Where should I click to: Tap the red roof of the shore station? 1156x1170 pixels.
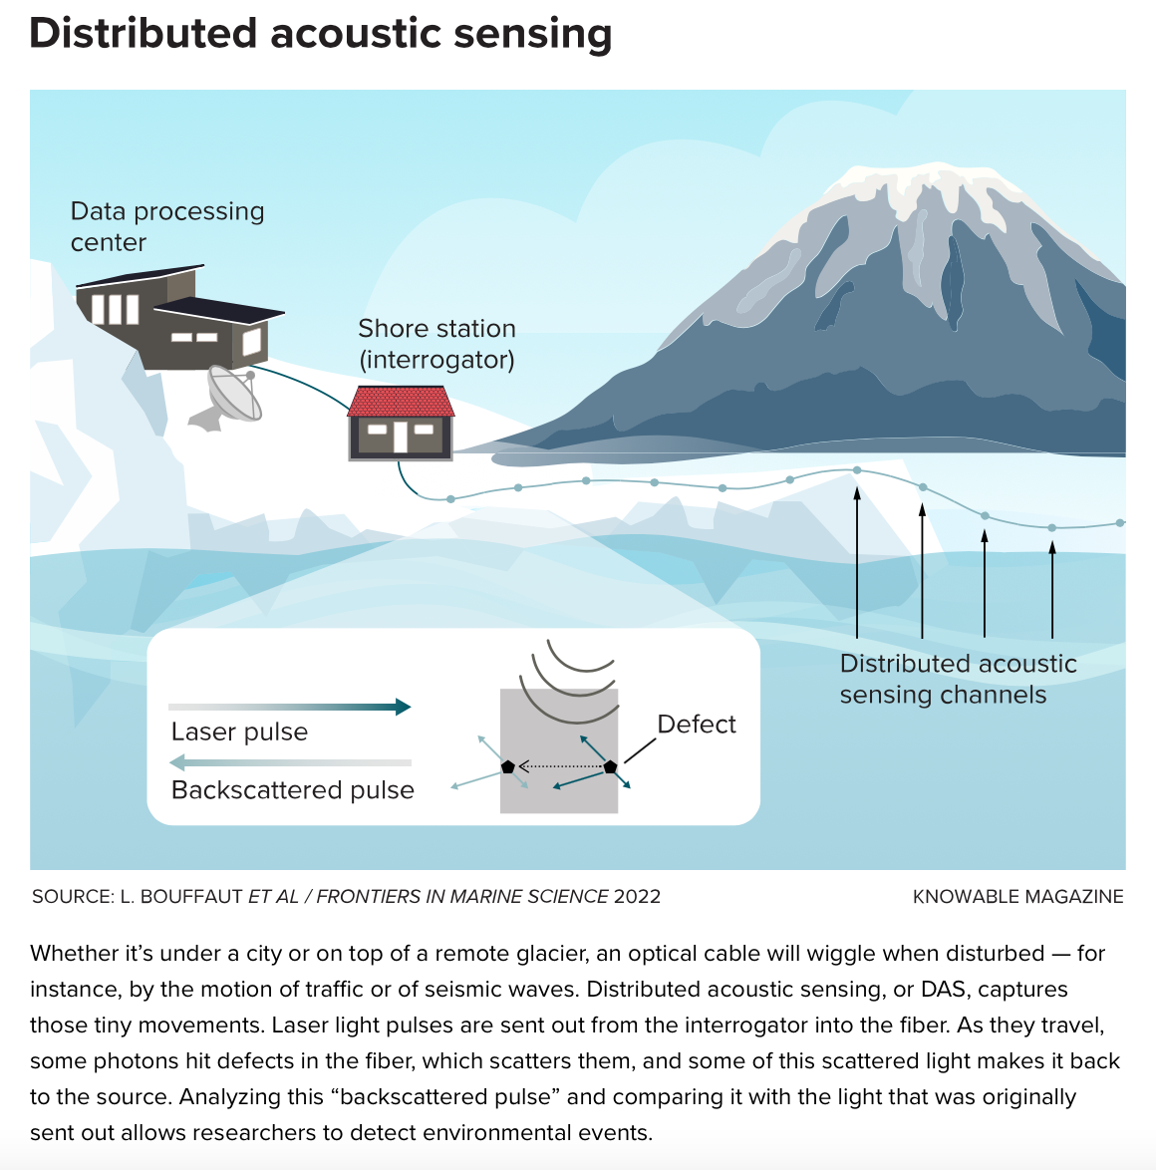401,402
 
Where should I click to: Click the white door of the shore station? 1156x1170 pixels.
400,437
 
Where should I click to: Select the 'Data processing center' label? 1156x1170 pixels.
166,226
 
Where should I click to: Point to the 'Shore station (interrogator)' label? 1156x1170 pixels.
436,344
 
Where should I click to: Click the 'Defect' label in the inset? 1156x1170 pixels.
697,725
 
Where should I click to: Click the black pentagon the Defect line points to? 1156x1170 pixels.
610,766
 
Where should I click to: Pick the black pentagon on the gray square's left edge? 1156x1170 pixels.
508,766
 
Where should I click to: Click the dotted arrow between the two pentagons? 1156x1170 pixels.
559,766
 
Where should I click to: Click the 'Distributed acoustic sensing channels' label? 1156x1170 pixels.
958,679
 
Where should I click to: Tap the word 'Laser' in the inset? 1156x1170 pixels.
202,732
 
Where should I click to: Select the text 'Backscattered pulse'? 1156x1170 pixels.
293,790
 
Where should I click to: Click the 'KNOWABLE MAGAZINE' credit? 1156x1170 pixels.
1017,897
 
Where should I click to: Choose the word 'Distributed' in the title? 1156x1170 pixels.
143,33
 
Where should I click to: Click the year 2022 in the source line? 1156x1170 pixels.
637,897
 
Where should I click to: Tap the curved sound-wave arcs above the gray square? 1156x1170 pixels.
573,673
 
